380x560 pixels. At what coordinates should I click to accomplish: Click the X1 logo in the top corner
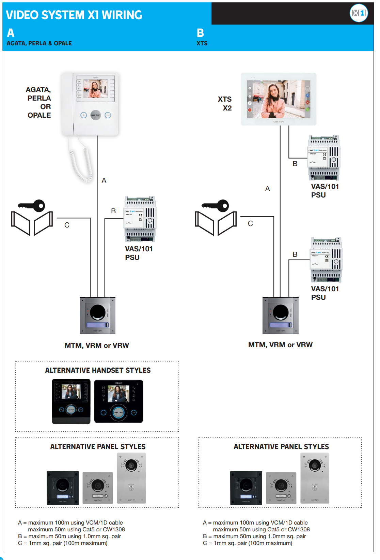coord(359,13)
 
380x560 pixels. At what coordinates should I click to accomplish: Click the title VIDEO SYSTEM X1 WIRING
coord(74,15)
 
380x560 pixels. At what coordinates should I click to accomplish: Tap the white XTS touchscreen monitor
coord(279,99)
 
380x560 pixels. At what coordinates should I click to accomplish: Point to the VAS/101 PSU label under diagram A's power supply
coord(139,253)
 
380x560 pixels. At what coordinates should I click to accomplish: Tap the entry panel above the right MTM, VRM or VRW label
coord(281,315)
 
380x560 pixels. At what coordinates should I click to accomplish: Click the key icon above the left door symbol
coord(32,205)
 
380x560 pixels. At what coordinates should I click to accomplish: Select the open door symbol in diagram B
coord(216,223)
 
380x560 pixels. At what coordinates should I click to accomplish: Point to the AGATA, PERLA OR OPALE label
coord(39,102)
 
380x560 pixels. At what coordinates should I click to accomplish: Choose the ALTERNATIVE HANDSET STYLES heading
coord(98,370)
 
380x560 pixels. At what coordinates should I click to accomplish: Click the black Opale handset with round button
coord(118,401)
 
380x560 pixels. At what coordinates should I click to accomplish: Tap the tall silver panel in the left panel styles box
coord(131,478)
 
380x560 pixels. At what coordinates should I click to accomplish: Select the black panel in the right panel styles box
coord(246,488)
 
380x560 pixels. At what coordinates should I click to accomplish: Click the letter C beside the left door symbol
coord(67,225)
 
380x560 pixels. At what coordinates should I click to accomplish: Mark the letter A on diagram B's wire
coord(267,189)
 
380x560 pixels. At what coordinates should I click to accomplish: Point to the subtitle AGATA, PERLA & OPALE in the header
coord(39,43)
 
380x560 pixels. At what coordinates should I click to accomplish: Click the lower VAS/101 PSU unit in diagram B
coord(326,260)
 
